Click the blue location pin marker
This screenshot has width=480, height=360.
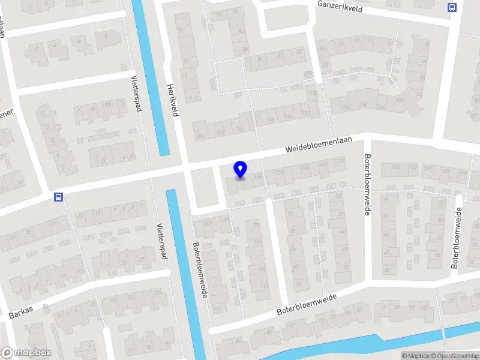tap(241, 170)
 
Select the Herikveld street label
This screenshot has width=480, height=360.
tap(175, 100)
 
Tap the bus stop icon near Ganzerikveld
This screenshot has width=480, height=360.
tap(451, 8)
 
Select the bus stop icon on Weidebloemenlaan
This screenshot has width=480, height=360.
tap(58, 197)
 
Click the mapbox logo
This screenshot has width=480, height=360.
tap(26, 353)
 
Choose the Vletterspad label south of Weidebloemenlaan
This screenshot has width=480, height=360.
tap(160, 241)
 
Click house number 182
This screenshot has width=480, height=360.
tap(305, 113)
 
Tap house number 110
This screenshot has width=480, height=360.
tap(265, 287)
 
